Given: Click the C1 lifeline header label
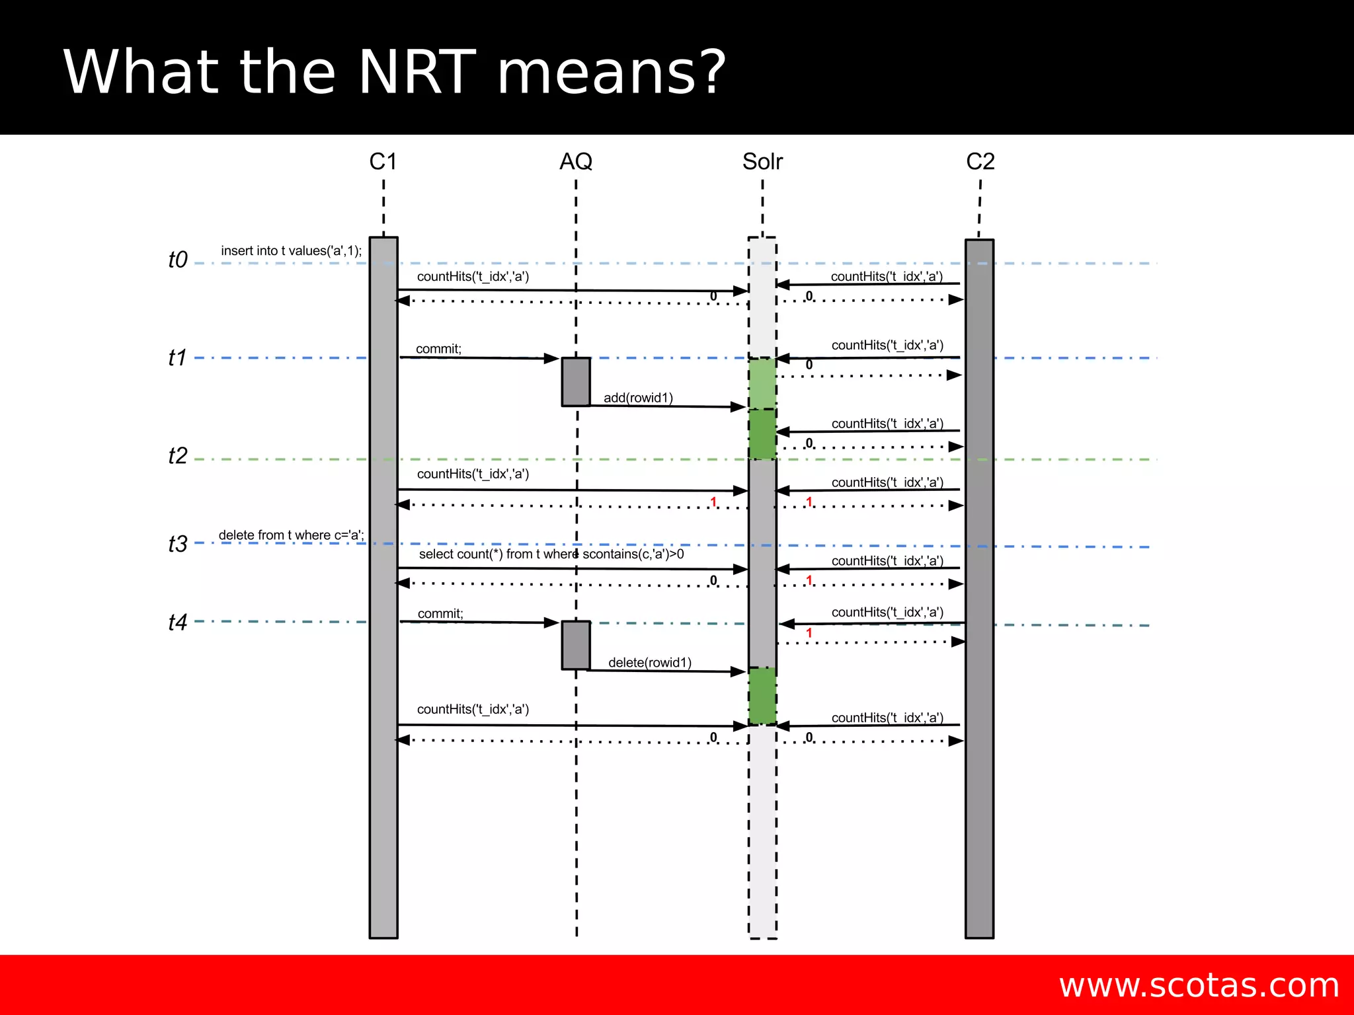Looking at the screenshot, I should tap(383, 161).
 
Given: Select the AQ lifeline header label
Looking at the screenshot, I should tap(576, 161).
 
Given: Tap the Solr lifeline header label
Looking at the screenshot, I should tap(762, 161).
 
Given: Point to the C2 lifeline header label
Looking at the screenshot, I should tap(980, 161).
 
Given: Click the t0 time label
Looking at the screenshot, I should tap(178, 260).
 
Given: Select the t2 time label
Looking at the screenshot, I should tap(178, 456).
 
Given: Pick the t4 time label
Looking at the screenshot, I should tap(178, 622).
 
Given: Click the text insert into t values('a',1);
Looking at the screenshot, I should tap(292, 251).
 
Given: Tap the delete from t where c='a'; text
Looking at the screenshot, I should tap(291, 535).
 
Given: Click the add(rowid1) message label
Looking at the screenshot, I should tap(638, 398).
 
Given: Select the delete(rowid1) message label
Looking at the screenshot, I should tap(650, 663).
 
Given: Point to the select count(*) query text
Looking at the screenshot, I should tap(551, 554).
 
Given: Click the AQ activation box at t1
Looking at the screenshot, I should tap(576, 382).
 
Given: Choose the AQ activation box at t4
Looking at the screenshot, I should tap(576, 646).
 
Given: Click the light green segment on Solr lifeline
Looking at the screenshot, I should tap(762, 384).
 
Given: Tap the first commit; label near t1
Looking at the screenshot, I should tap(439, 349).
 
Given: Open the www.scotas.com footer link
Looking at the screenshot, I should tap(1199, 985).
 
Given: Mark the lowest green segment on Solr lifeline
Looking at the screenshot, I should tap(762, 696).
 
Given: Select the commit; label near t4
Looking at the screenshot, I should tap(440, 614).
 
